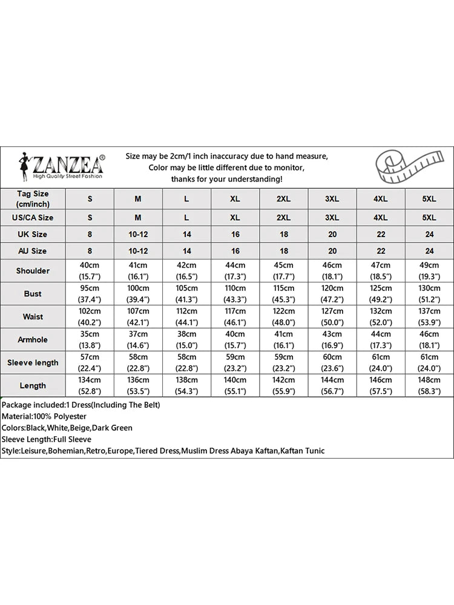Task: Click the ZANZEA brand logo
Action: tap(61, 166)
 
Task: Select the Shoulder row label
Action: tap(33, 271)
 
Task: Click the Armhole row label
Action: tap(33, 339)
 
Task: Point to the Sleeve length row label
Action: tap(33, 362)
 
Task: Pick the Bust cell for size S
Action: tap(90, 294)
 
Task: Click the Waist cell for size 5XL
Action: tap(429, 317)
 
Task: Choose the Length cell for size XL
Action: tap(235, 385)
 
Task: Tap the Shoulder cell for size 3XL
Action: tap(332, 271)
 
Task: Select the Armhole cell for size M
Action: tap(138, 339)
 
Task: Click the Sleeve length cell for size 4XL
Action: tap(381, 362)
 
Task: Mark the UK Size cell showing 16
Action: tap(235, 234)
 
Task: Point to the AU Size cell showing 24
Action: tap(429, 251)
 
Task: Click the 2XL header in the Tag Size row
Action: tap(283, 199)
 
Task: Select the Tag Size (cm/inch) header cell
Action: tap(33, 198)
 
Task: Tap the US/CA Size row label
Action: tap(33, 218)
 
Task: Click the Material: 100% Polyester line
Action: tap(44, 416)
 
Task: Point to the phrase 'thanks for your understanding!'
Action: tap(226, 179)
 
